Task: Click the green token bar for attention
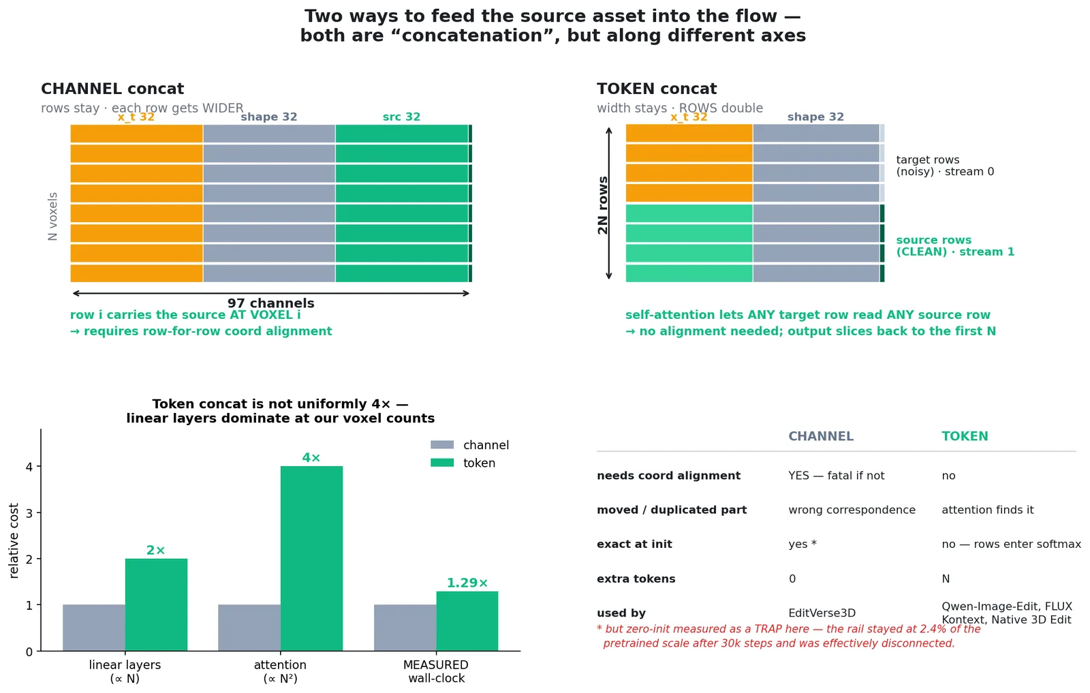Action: pos(311,558)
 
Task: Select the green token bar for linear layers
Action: pos(156,604)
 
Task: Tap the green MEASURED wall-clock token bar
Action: pos(467,621)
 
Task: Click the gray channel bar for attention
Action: pos(249,628)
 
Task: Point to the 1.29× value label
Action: pos(467,583)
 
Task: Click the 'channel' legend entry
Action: pos(469,445)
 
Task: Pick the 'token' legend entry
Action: pos(463,463)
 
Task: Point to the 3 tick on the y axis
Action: pos(30,513)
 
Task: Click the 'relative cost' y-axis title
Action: pos(14,540)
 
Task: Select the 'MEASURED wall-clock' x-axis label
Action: pos(436,672)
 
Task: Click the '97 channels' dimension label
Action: pos(271,303)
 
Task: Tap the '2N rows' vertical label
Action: pos(603,205)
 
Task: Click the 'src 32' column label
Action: pos(401,117)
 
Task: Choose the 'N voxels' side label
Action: pos(52,217)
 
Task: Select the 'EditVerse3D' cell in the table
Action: pos(822,613)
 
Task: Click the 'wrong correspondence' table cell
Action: pos(852,510)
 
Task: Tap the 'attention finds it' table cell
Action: pos(987,510)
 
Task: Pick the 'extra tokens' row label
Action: pos(636,579)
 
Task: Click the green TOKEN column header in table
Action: pos(965,436)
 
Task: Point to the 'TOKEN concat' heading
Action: pos(657,89)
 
